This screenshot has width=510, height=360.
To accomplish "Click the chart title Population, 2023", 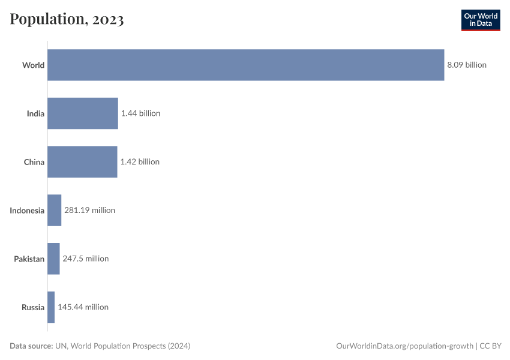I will coord(67,20).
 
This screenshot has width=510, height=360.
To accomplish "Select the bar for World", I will coord(245,65).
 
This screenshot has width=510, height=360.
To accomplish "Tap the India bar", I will coord(83,113).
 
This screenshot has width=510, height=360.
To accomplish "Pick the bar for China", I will coord(82,162).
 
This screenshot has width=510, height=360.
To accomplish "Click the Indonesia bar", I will coord(55,211).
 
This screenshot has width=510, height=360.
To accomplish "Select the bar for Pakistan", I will coord(53,259).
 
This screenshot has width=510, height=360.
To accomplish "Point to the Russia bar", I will coord(51,307).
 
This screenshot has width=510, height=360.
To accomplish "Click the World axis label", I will coord(33,65).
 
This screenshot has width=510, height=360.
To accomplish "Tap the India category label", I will coord(35,113).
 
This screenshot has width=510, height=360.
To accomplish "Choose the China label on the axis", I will coord(34,162).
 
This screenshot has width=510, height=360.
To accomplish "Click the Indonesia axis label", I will coord(27,211).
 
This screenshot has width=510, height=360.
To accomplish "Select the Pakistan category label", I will coord(29,259).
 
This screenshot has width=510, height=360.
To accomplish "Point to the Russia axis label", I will coord(33,307).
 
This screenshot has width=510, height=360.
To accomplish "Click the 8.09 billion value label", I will coord(467,65).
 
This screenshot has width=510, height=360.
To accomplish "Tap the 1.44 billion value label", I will coord(140,113).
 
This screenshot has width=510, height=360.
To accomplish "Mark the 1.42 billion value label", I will coord(140,162).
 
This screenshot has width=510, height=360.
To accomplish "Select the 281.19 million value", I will coord(89,211).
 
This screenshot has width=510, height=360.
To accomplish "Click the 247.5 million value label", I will coord(86,259).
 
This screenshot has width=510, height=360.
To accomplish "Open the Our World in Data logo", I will coord(481,20).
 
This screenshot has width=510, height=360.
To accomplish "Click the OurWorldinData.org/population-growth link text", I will coord(406,346).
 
